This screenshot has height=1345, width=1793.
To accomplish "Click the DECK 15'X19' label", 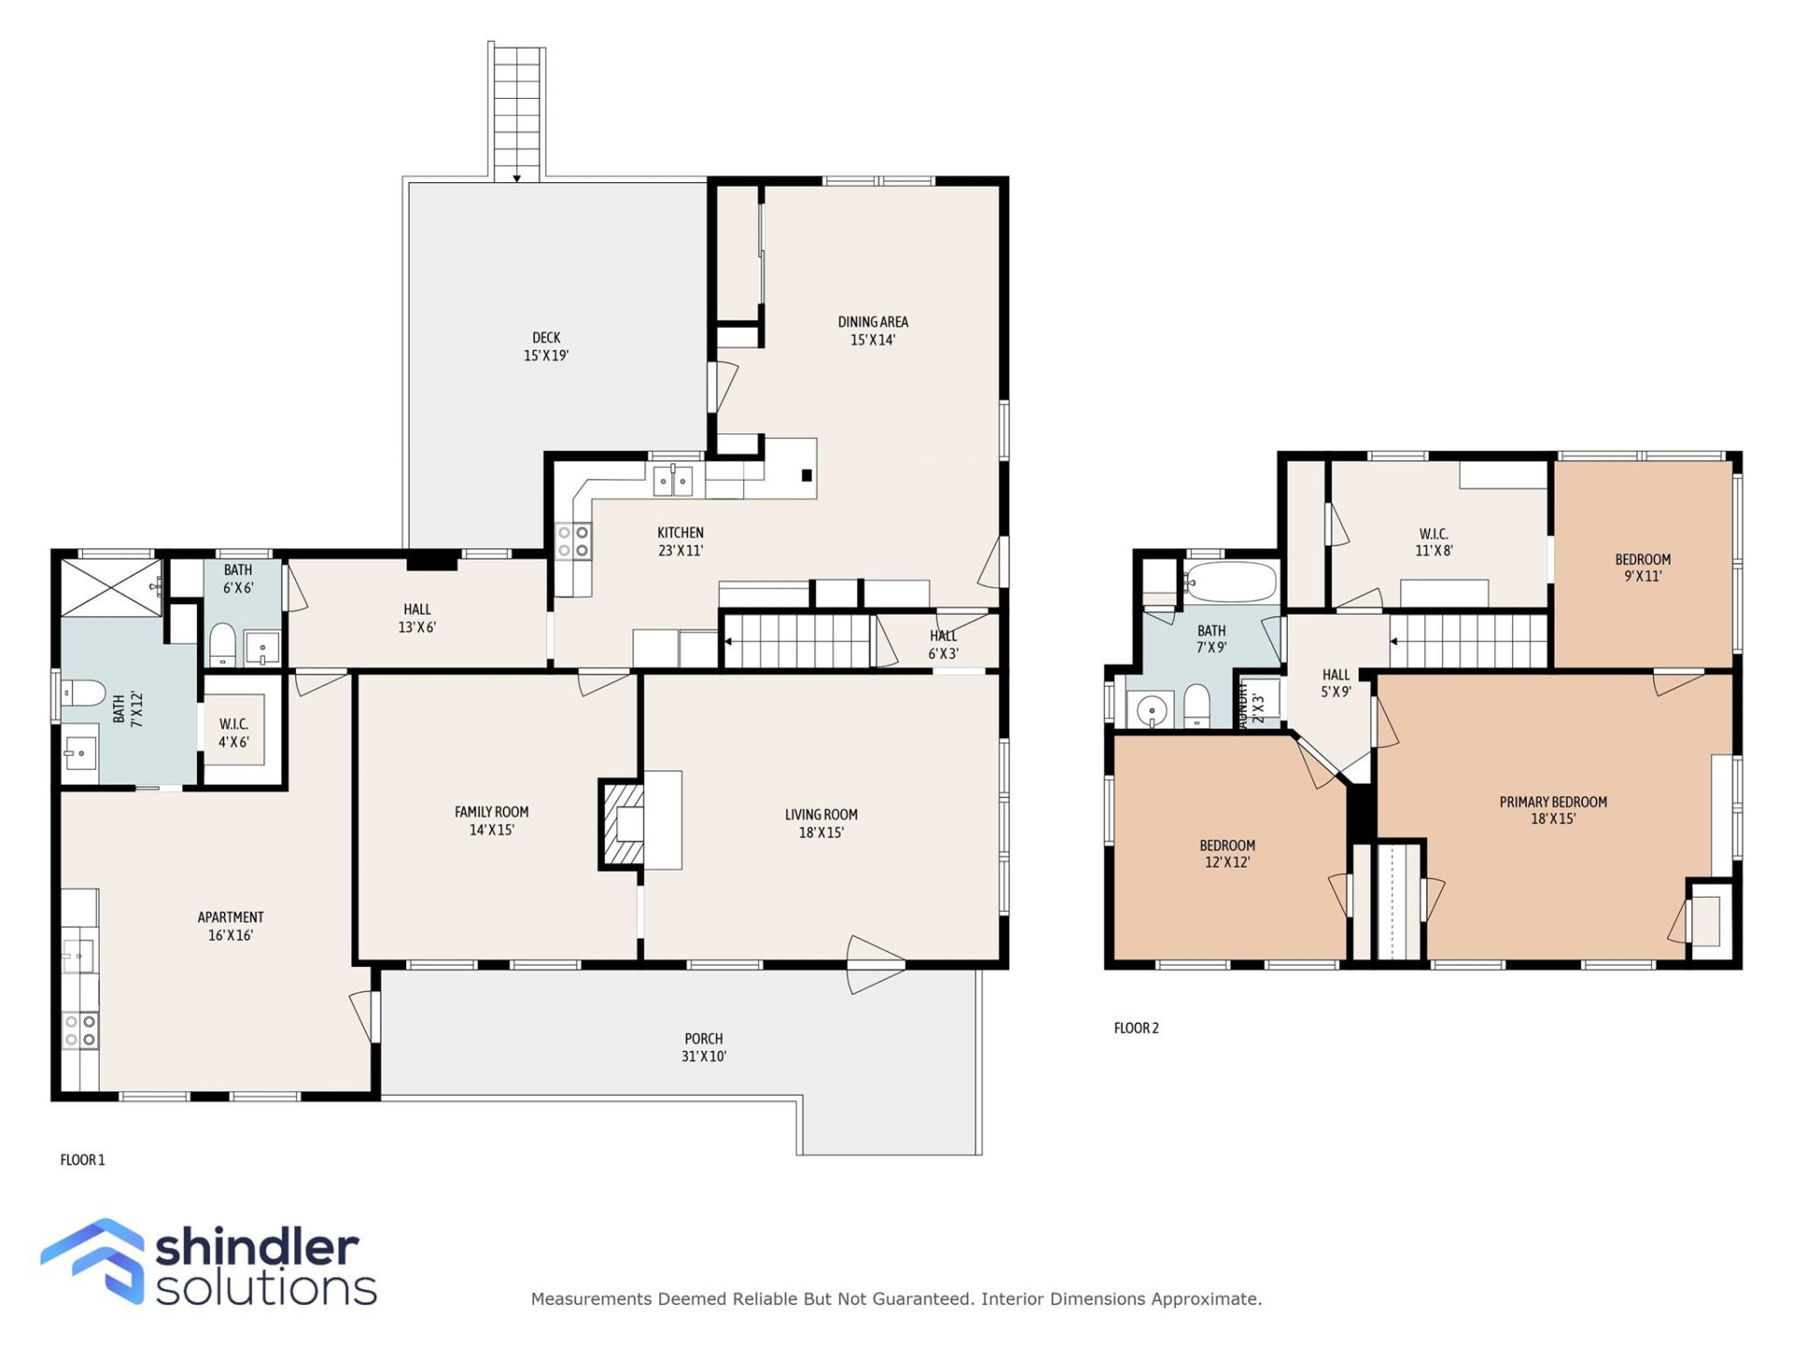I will pos(545,347).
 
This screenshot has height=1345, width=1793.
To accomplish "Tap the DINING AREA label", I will pos(872,331).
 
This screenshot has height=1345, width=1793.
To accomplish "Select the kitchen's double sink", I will pos(672,482).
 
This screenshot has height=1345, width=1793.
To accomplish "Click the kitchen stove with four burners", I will pos(572,542).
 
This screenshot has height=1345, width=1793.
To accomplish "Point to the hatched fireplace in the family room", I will pos(623,824).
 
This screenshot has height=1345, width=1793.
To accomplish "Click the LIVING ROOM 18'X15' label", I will pos(821,823).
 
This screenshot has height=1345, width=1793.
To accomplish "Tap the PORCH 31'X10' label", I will pos(703,1047).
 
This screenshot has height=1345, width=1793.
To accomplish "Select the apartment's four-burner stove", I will pos(79,1030).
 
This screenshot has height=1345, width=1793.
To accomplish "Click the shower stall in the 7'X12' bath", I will pos(110,588).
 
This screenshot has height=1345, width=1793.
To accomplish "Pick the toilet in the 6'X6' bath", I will pos(222,644).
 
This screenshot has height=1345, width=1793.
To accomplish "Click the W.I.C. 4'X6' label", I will pos(233,733).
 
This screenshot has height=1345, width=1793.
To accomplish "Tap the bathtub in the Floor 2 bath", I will pos(1231,583).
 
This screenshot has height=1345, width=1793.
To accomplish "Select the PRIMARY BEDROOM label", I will pos(1552,810).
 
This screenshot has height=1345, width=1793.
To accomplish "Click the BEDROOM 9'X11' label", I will pos(1642,567).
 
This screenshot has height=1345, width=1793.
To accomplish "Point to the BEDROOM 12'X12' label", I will pos(1226,853).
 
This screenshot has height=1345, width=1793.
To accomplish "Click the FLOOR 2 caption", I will pos(1136,1028).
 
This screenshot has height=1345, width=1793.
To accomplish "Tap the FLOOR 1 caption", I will pos(82,1160).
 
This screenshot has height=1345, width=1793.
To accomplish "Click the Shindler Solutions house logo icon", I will pos(93,1260).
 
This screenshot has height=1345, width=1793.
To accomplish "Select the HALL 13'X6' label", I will pos(416,617).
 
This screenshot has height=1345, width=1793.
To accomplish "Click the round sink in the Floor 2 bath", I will pos(1152,711).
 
